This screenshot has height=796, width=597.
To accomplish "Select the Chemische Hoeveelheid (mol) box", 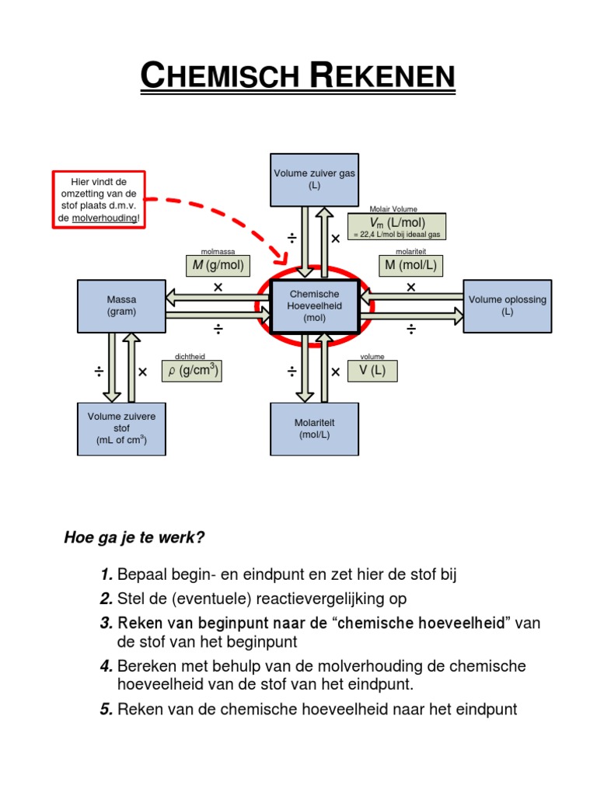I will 314,306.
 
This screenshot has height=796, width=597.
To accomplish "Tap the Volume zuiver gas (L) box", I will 314,180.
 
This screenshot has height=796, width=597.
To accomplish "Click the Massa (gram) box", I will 121,306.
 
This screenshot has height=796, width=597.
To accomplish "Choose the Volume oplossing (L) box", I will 508,305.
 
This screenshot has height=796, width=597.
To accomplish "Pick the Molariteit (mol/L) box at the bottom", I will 314,429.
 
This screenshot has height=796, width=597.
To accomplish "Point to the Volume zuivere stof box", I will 121,428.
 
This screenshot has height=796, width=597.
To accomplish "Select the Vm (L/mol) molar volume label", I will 397,222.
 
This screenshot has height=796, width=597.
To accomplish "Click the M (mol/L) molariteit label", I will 410,266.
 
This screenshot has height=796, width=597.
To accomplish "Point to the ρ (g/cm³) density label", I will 191,371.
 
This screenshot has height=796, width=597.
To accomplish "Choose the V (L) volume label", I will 372,371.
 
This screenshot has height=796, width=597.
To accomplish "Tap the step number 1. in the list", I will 106,575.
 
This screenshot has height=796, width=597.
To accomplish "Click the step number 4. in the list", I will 106,667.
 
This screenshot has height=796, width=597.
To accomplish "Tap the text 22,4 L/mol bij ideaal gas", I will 400,235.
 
